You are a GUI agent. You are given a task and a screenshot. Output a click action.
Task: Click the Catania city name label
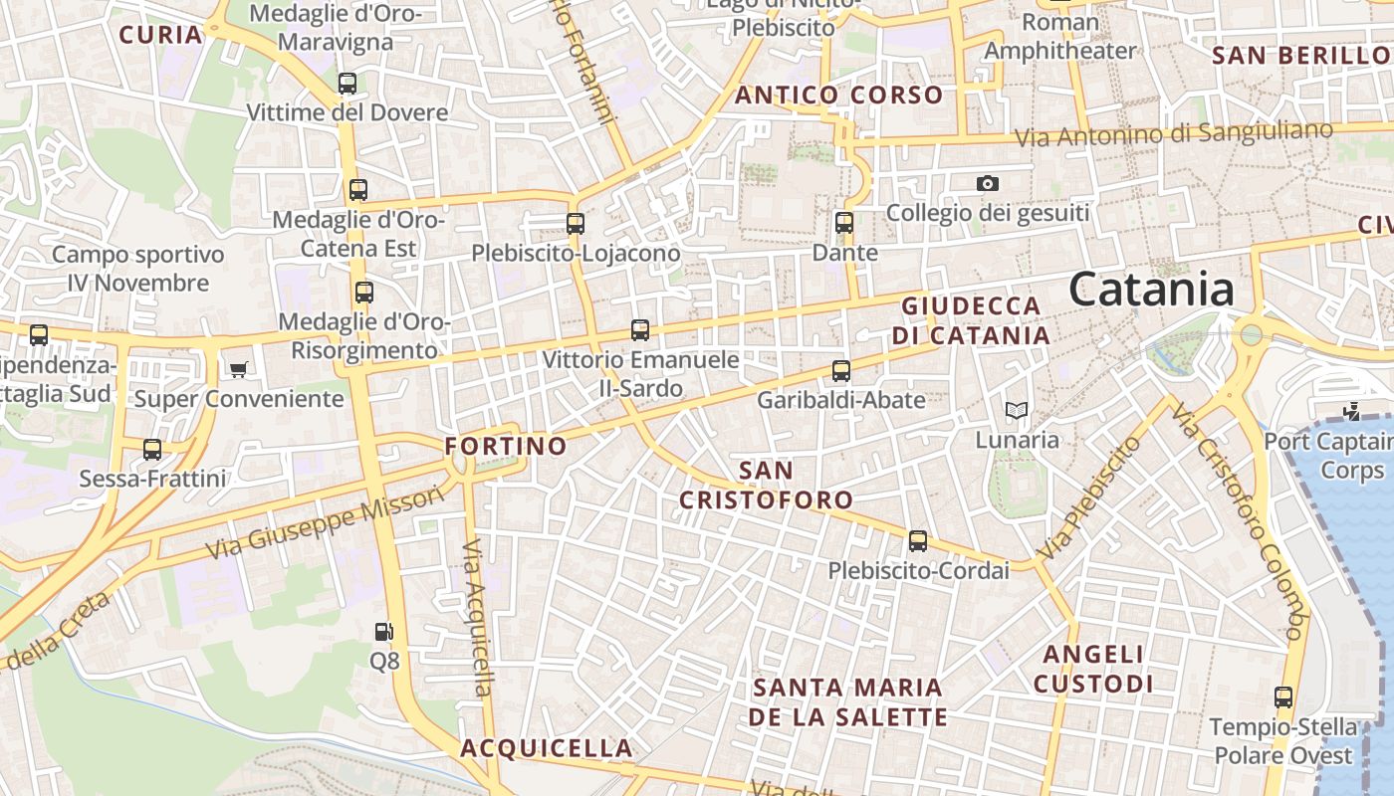[x=1152, y=290]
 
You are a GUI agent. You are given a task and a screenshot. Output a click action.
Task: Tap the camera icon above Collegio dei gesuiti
[x=987, y=183]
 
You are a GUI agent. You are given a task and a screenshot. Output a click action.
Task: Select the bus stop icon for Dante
[x=844, y=223]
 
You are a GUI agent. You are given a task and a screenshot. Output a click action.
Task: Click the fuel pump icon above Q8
[x=383, y=631]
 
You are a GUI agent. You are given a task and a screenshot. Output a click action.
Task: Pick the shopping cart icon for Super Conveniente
[x=238, y=369]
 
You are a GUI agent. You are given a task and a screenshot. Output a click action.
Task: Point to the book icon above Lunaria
[x=1016, y=410]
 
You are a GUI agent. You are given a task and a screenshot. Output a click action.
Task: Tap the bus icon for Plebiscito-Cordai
[x=917, y=541]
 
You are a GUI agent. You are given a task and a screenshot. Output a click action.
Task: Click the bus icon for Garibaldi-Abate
[x=841, y=371]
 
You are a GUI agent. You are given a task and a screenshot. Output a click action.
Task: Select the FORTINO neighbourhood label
[x=506, y=446]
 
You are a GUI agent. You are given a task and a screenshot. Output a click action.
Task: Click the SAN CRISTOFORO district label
[x=766, y=485]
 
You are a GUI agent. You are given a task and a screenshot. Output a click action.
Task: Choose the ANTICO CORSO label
[x=838, y=96]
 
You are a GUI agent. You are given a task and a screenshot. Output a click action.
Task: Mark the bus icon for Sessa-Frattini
[x=152, y=450]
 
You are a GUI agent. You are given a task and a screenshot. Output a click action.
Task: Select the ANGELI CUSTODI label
[x=1093, y=669]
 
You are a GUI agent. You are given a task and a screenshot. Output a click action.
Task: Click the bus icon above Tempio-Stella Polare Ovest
[x=1283, y=697]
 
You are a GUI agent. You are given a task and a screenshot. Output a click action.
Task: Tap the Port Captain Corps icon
[x=1351, y=410]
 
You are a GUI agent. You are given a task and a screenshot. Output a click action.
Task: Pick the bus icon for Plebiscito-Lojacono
[x=576, y=224]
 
